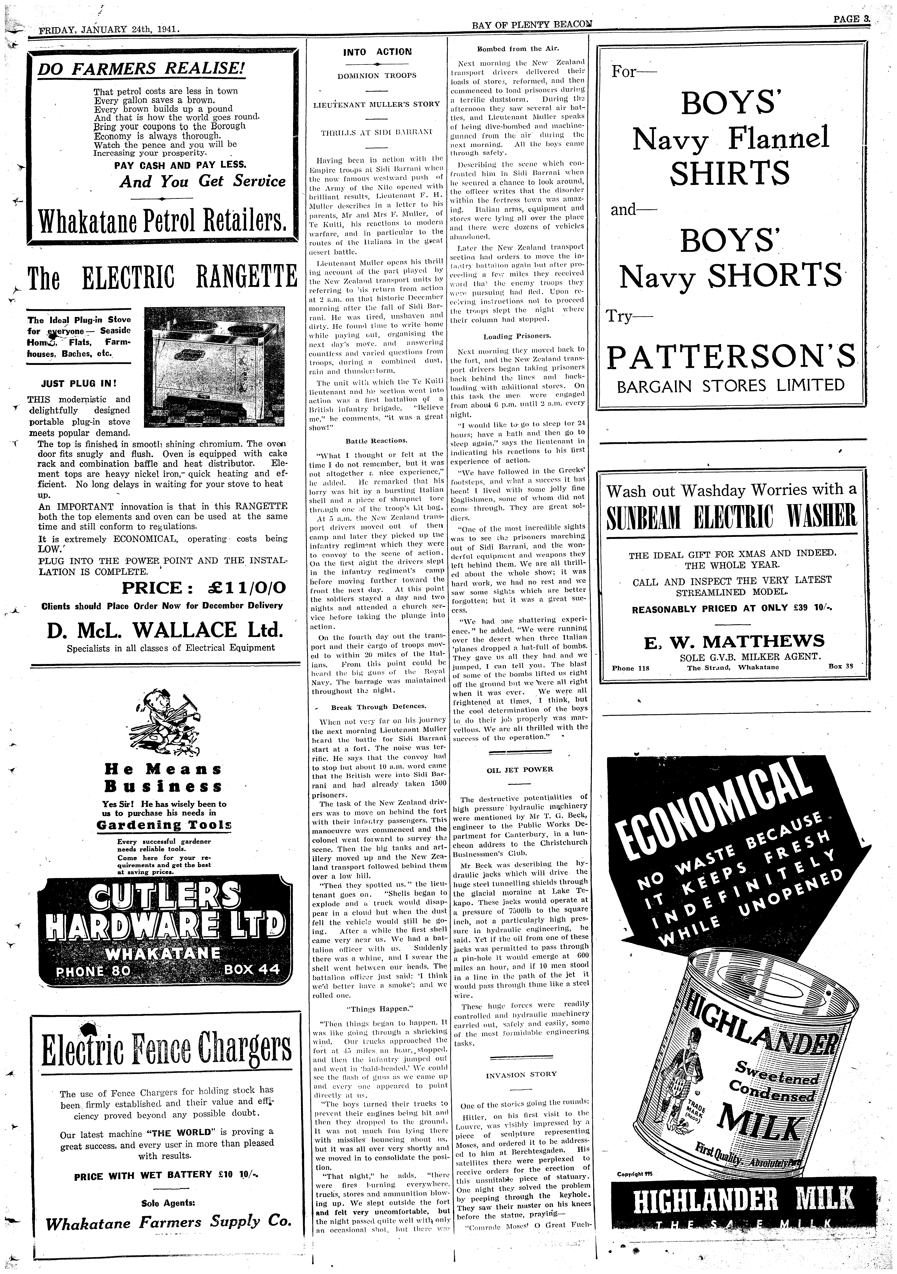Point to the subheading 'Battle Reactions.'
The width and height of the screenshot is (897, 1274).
[x=377, y=441]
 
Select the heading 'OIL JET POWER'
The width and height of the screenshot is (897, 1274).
[x=520, y=770]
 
